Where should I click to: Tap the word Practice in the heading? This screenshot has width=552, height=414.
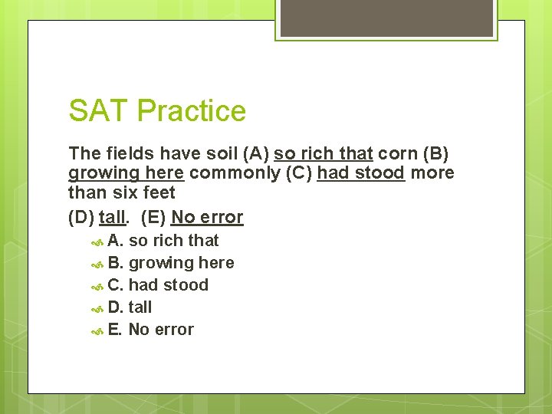191,111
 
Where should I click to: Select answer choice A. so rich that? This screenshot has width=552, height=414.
163,241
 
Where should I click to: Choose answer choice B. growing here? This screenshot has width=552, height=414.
171,263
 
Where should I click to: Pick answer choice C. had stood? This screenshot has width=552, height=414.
158,285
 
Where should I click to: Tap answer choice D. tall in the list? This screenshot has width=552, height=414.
130,307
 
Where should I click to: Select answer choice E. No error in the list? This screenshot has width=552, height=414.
151,330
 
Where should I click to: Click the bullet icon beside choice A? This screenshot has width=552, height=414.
97,242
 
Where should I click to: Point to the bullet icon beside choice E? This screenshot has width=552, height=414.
97,330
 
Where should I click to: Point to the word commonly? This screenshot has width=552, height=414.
235,173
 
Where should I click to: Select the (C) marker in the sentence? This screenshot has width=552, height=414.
298,173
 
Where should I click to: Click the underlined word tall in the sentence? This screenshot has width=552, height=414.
112,218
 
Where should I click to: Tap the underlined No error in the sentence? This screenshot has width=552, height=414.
207,218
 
